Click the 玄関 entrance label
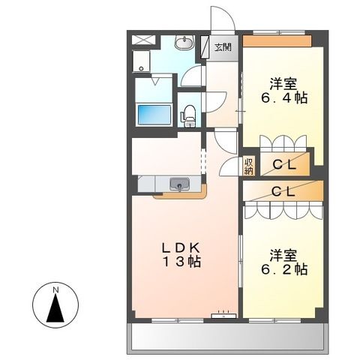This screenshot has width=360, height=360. click(223, 48)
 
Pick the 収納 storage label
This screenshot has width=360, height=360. click(248, 166)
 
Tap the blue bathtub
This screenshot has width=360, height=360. click(154, 113)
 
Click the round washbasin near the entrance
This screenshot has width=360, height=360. click(184, 42)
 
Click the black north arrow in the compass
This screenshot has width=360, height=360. click(56, 310)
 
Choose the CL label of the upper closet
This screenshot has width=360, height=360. click(283, 165)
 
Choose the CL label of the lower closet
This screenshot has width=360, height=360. click(283, 191)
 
